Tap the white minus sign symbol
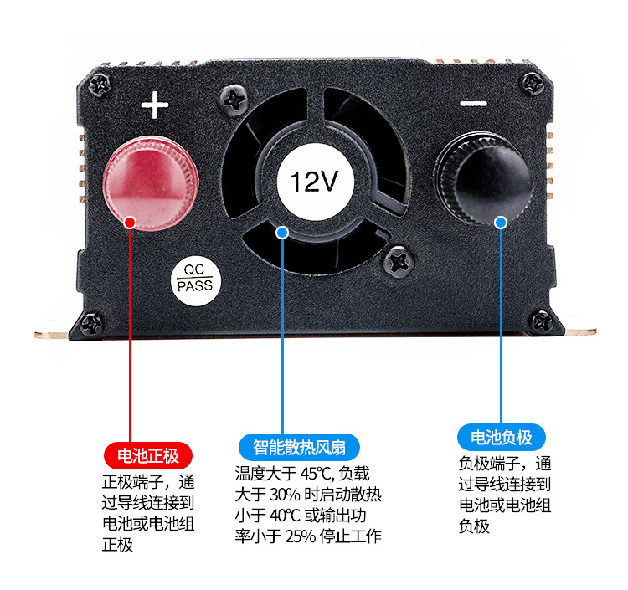pos(473,104)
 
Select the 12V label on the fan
pos(314,182)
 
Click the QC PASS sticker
pos(195,278)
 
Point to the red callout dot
pos(130,223)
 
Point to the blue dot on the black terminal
pos(501,223)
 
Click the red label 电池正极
pos(148,456)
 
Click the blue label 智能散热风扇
pos(306,446)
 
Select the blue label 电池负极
pos(502,438)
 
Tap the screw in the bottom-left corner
pos(90,321)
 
